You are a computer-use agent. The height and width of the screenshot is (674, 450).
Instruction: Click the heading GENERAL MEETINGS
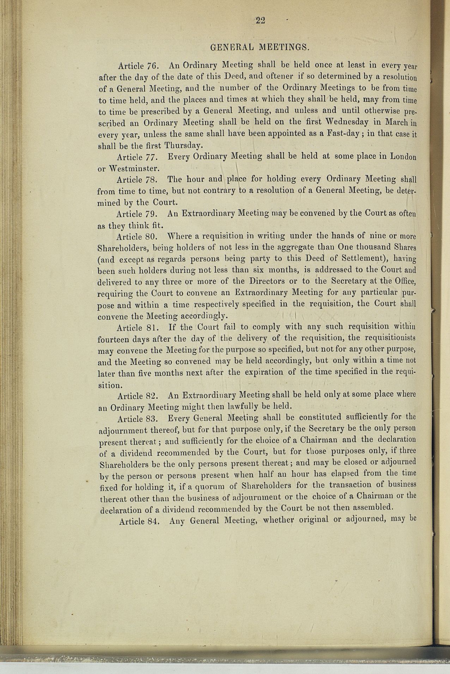(x=260, y=47)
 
